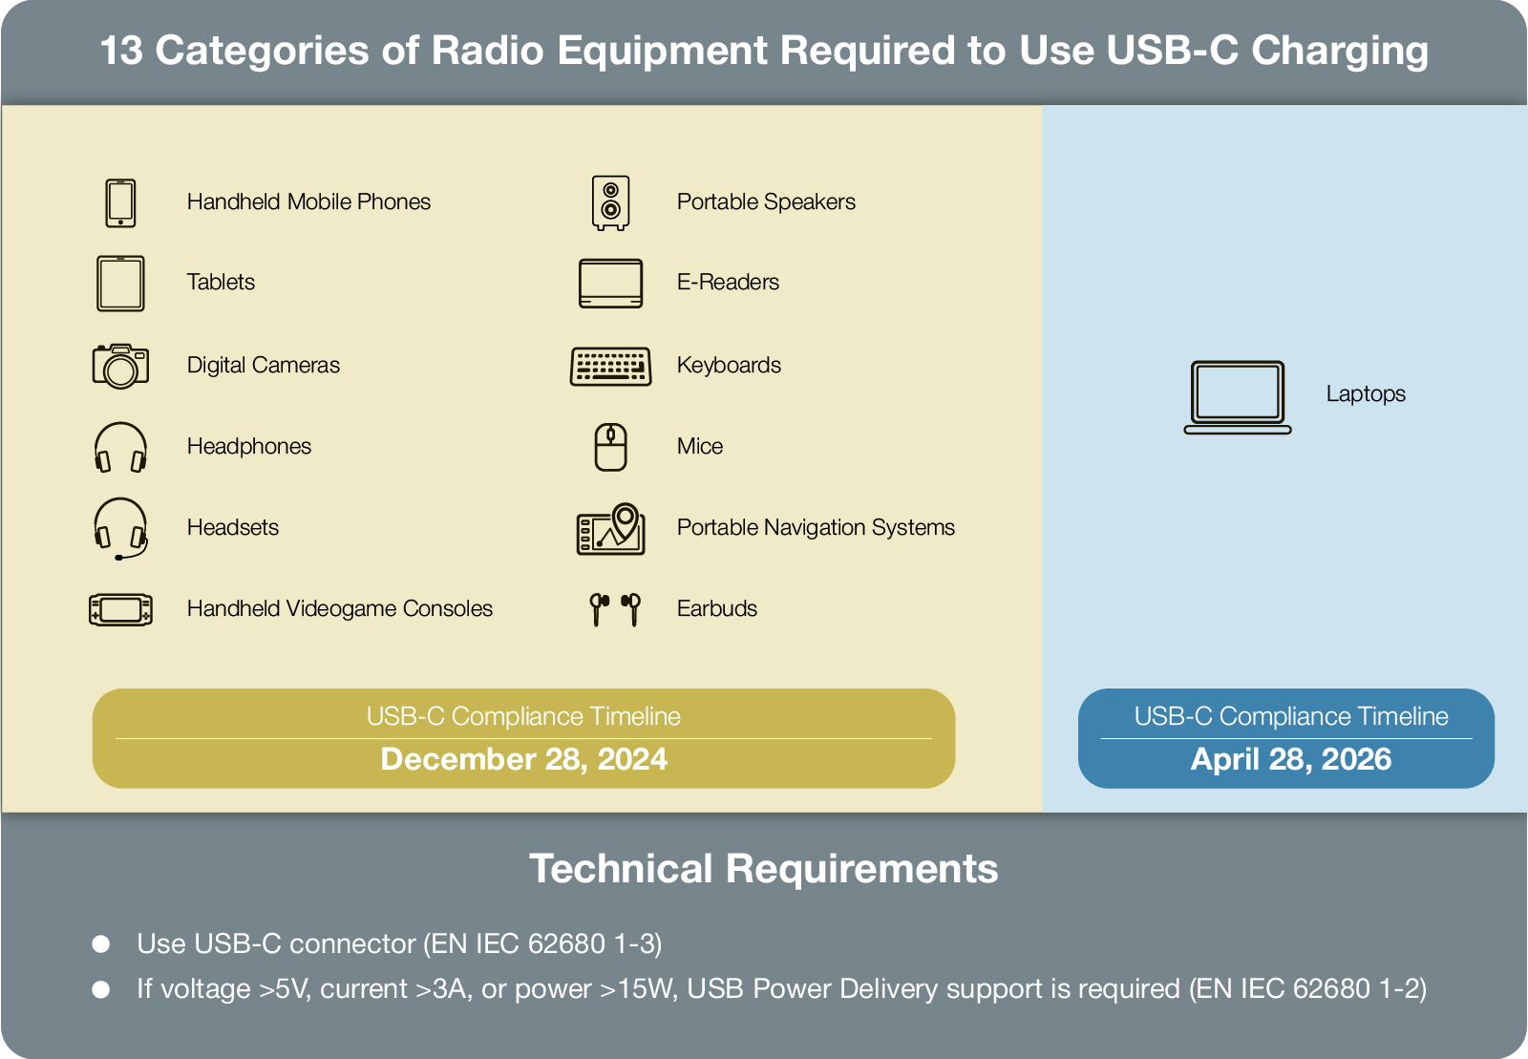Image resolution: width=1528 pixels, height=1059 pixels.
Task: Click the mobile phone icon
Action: [x=120, y=202]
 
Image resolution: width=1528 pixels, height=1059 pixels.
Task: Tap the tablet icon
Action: [x=120, y=283]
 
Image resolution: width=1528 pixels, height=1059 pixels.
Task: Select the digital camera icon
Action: [x=120, y=366]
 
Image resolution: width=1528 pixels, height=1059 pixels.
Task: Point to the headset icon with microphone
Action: [x=120, y=528]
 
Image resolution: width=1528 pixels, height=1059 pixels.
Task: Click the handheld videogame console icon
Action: [x=120, y=609]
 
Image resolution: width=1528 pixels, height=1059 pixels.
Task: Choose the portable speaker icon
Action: [x=610, y=202]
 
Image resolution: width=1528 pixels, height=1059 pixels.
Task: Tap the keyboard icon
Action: [x=610, y=367]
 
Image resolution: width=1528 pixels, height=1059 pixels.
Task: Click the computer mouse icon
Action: [x=610, y=447]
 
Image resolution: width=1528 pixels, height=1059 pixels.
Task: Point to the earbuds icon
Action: [x=615, y=609]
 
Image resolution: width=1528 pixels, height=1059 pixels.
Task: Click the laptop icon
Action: [x=1238, y=397]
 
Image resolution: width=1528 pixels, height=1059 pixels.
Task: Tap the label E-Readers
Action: [x=728, y=283]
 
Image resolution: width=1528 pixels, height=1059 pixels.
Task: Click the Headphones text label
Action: [x=249, y=447]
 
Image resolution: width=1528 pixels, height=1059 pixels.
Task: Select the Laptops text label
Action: [x=1366, y=394]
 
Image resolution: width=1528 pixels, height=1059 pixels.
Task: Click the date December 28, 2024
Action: [x=524, y=759]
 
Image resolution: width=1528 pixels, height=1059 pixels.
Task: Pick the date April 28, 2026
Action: [x=1290, y=759]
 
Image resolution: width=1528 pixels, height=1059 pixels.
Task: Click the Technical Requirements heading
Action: [x=764, y=869]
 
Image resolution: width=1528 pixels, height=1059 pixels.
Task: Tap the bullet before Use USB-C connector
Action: [x=101, y=943]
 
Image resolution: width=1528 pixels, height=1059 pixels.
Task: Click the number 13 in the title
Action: [x=121, y=51]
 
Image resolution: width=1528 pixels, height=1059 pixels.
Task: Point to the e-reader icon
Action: [x=610, y=283]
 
